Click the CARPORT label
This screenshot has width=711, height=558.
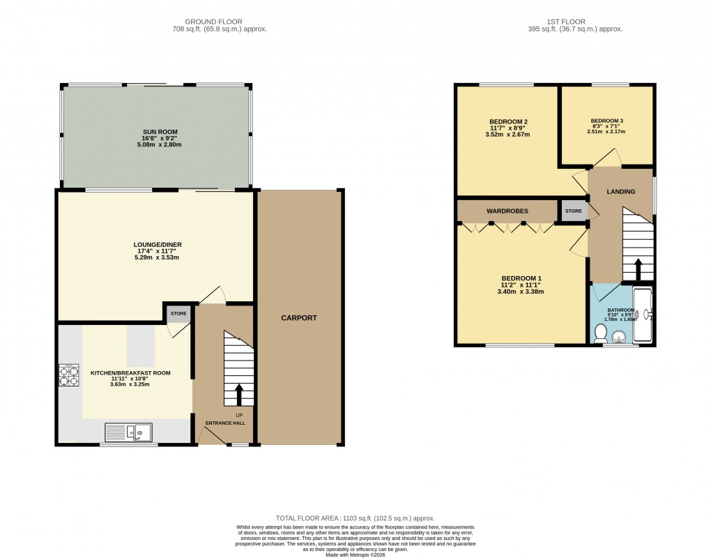pos(299,318)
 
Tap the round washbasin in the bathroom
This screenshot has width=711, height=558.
pos(618,338)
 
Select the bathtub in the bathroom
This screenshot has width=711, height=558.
pos(642,315)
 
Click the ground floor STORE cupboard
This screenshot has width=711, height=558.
pos(178,314)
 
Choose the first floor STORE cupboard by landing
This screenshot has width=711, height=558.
pos(573,211)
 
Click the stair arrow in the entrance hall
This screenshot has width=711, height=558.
pos(238,394)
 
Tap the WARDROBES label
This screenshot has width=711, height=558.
pos(507,211)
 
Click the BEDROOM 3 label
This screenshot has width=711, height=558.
pos(606,120)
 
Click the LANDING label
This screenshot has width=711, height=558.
pos(620,191)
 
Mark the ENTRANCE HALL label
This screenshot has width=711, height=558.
pos(225,423)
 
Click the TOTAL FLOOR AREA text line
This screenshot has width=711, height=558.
pos(355,518)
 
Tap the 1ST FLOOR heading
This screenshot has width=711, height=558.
pos(575,22)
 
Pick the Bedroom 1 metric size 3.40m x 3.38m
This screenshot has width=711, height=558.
pos(520,292)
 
